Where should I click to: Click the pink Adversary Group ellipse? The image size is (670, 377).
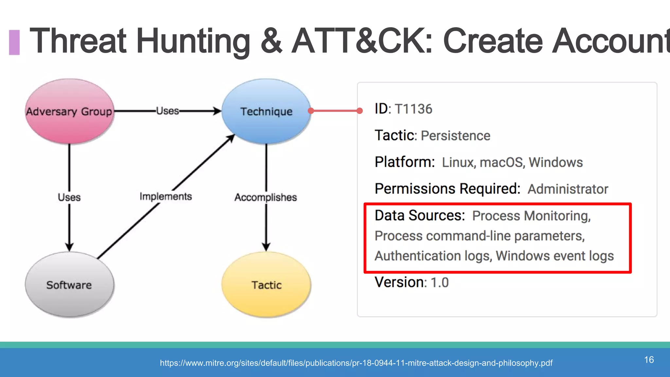[x=69, y=111]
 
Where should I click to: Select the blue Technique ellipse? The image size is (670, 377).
[x=266, y=111]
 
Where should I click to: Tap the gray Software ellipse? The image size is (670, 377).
[x=69, y=285]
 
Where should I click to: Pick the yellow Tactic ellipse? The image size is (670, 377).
[x=266, y=285]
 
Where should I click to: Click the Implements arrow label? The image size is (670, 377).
[x=166, y=196]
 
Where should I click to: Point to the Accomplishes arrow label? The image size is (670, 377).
[x=266, y=197]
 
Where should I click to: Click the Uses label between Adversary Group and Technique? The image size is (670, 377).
[x=167, y=111]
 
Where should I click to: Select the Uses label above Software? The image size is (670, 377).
[x=69, y=197]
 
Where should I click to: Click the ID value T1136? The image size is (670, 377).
[x=414, y=109]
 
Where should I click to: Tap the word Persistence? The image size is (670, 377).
[x=455, y=136]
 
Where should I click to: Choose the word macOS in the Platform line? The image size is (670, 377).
[x=502, y=162]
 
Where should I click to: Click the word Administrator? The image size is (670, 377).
[x=568, y=189]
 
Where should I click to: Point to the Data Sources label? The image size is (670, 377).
[x=420, y=216]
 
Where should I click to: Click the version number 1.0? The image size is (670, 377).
[x=439, y=282]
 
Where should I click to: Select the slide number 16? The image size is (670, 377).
[x=649, y=360]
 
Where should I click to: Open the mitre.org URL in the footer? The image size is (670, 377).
[x=356, y=363]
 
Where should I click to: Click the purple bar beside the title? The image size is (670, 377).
[x=14, y=42]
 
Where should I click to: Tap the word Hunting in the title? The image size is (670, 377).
[x=193, y=42]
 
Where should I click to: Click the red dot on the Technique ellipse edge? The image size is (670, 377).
[x=311, y=111]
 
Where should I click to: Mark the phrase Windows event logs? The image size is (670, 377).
[x=555, y=256]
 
